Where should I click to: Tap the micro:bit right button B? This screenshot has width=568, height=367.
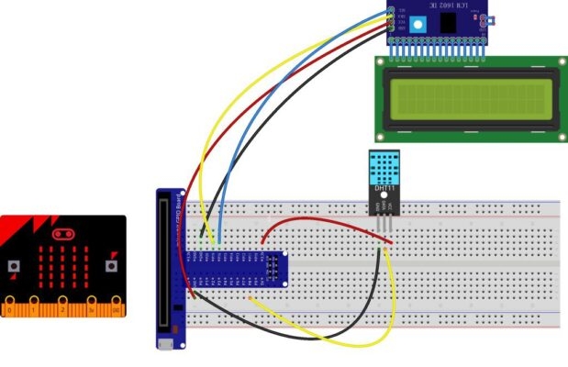click(x=111, y=267)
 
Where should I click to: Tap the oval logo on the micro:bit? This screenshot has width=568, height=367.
click(x=63, y=227)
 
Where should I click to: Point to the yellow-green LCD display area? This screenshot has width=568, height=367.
click(x=468, y=97)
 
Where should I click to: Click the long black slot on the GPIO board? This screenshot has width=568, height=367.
click(x=166, y=265)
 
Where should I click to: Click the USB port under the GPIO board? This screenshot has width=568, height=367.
click(x=166, y=344)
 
